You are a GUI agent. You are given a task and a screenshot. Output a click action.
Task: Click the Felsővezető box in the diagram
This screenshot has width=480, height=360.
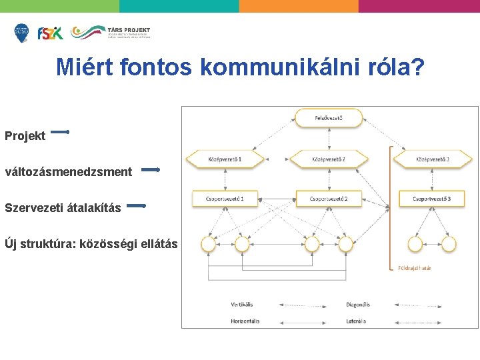point(329,119)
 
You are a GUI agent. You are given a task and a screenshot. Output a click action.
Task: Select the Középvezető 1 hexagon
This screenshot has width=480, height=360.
point(225,159)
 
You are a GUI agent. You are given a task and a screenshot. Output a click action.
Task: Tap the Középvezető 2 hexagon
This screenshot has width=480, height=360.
point(329,159)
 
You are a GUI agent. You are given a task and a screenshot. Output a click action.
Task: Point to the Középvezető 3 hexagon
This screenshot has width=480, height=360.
point(432,159)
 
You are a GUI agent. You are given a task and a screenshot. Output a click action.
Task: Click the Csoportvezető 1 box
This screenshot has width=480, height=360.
point(225,199)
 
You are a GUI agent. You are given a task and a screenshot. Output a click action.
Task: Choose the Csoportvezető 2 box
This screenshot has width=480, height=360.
point(329,199)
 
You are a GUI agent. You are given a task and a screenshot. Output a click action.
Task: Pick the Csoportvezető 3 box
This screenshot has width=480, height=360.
point(431,199)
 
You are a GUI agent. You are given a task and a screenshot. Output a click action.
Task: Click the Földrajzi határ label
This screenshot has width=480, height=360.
point(415,268)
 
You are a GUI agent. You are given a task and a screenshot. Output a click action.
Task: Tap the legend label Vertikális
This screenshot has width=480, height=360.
point(241,305)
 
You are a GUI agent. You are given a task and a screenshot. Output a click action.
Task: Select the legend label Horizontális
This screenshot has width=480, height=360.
point(245,321)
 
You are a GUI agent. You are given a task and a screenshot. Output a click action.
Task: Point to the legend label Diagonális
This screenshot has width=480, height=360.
point(358,305)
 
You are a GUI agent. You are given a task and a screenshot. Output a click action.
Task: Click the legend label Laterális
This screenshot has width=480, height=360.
point(356,321)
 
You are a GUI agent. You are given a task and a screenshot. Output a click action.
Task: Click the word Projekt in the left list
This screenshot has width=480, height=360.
point(25,136)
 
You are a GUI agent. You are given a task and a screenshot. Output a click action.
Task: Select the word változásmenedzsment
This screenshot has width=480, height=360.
point(69,172)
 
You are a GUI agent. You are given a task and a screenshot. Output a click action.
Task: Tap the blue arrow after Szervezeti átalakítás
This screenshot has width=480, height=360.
point(136,207)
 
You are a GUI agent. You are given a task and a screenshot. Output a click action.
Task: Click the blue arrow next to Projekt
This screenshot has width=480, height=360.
point(60,132)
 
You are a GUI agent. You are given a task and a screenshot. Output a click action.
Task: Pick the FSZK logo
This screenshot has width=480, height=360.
point(50,33)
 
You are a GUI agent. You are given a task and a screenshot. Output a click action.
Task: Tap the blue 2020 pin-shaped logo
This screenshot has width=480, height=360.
point(22,33)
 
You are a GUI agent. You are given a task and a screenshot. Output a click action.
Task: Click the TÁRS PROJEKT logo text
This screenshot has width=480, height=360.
point(129,30)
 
